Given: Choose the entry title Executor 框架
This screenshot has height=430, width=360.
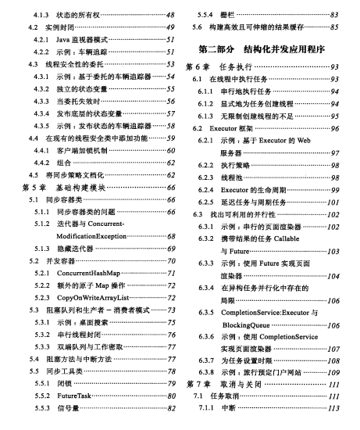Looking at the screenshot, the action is [x=226, y=127].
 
